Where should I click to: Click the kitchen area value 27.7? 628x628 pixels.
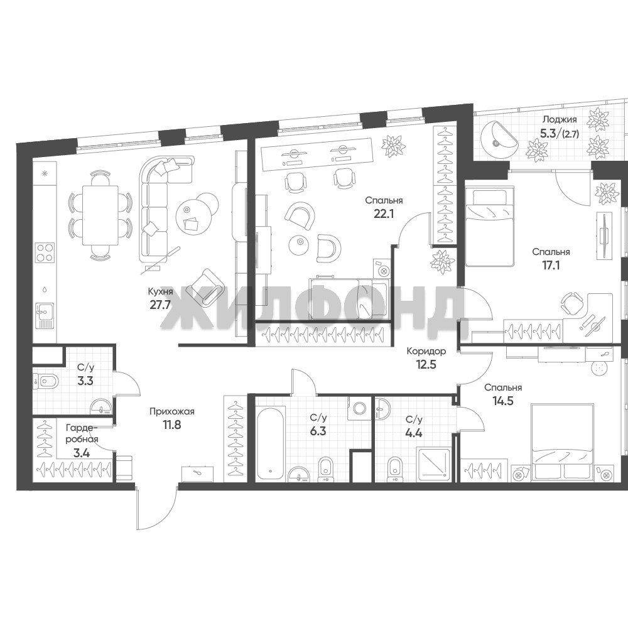pyautogui.click(x=160, y=304)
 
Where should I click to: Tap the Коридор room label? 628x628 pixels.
pyautogui.click(x=426, y=351)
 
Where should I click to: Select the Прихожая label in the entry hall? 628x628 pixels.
pyautogui.click(x=172, y=411)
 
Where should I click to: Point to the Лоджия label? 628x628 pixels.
pyautogui.click(x=560, y=119)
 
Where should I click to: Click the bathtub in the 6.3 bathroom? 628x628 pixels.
pyautogui.click(x=270, y=442)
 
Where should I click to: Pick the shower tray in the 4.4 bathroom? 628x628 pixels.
pyautogui.click(x=434, y=465)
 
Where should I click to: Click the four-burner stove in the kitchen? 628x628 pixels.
pyautogui.click(x=45, y=252)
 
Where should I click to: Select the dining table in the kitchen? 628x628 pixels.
pyautogui.click(x=100, y=215)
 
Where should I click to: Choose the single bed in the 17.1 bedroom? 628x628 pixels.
pyautogui.click(x=489, y=227)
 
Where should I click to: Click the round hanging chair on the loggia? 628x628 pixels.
pyautogui.click(x=498, y=139)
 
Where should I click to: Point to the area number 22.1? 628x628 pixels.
pyautogui.click(x=384, y=213)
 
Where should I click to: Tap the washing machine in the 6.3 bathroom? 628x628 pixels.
pyautogui.click(x=359, y=408)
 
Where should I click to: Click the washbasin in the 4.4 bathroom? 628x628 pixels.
pyautogui.click(x=384, y=409)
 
